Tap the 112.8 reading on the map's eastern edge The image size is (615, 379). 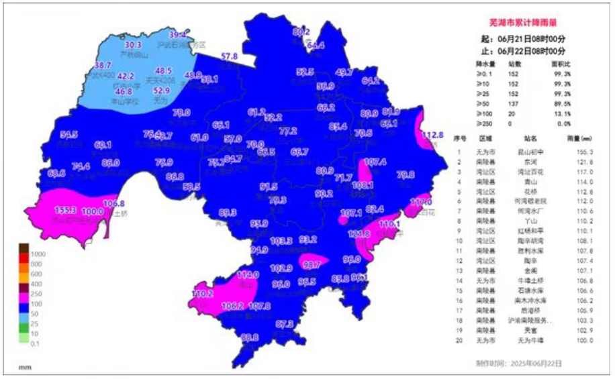[432, 135]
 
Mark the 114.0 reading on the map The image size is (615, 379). [248, 274]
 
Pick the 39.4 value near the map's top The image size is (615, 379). [178, 35]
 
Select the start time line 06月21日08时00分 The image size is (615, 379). [528, 40]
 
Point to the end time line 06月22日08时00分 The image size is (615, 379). [528, 51]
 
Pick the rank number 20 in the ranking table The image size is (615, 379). [460, 341]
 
